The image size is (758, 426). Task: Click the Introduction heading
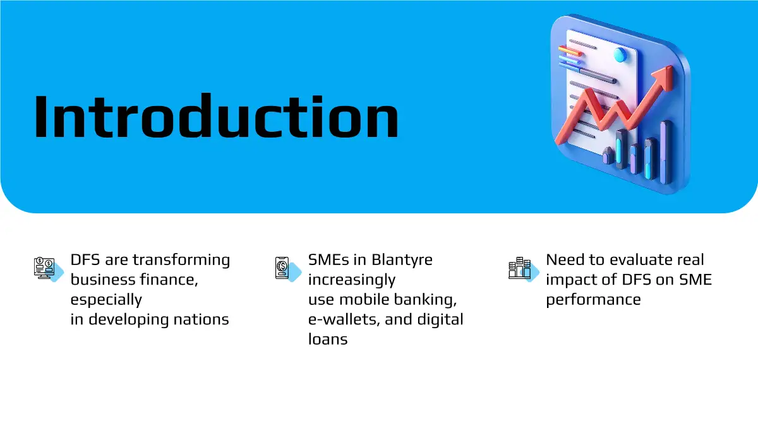coord(216,116)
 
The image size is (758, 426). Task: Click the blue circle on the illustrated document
coord(620,54)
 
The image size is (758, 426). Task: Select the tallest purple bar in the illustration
coord(666,152)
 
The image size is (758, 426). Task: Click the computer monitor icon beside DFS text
coord(44,268)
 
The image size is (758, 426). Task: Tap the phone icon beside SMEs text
coord(282,268)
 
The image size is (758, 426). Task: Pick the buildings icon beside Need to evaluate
coord(520,268)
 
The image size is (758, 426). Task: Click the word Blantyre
coord(402,260)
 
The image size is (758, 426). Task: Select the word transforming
coord(181,260)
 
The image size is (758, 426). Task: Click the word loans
coord(328,339)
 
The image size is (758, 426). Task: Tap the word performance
coord(594,300)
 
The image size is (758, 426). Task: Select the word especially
coord(106,300)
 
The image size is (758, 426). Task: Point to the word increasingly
coord(352,280)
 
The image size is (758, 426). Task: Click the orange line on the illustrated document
coord(570,51)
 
